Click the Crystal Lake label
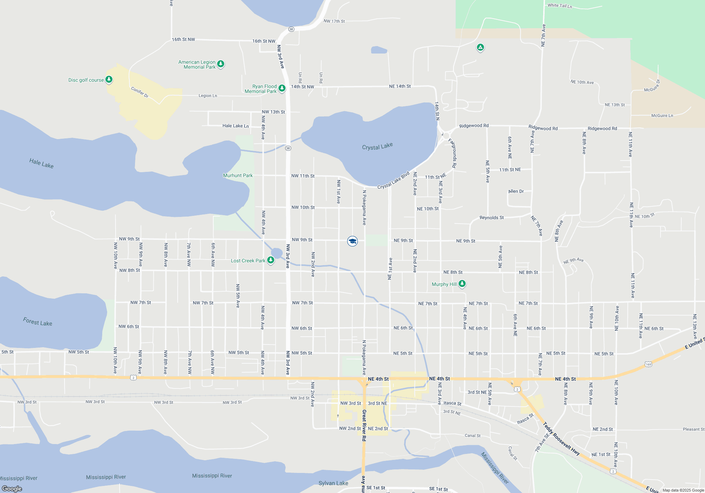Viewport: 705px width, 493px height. (x=377, y=146)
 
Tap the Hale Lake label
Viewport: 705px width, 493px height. (x=41, y=163)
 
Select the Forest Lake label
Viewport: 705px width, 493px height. (x=37, y=322)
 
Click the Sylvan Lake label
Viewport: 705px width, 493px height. (x=333, y=483)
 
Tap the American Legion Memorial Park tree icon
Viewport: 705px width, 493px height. (x=221, y=64)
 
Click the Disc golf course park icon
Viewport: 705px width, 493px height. (x=109, y=79)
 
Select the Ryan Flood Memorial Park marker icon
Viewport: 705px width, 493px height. (x=282, y=88)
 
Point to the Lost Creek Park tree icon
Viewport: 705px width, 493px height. (x=271, y=260)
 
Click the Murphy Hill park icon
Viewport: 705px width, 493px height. (x=462, y=283)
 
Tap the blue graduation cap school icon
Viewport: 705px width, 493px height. (x=352, y=241)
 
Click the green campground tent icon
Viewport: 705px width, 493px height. (x=480, y=47)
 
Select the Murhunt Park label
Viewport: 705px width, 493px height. (x=238, y=175)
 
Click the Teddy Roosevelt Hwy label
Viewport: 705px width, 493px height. (x=561, y=438)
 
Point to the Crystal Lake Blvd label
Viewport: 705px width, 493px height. (x=393, y=180)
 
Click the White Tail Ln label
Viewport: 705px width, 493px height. (x=559, y=6)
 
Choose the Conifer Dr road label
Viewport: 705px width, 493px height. (x=140, y=92)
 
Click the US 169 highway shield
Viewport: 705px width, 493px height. (x=648, y=364)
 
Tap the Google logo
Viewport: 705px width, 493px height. (x=12, y=488)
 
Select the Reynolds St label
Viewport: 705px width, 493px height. (x=491, y=218)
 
